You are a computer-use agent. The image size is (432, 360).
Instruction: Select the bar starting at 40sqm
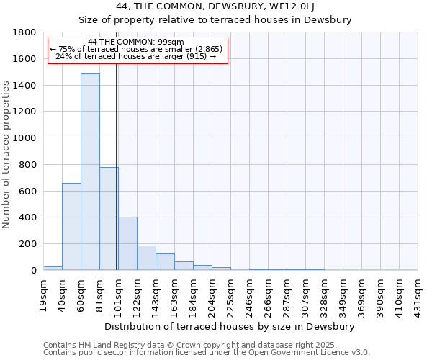(71, 226)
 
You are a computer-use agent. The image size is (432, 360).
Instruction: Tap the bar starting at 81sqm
(109, 218)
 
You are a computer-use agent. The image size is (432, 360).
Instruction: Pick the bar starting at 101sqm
(127, 243)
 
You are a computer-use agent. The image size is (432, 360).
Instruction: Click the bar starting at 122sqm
(146, 258)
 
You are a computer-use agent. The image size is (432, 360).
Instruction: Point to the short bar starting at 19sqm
(53, 268)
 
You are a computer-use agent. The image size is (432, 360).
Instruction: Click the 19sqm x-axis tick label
(43, 293)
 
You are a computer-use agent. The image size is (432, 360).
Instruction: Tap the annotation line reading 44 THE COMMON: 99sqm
(137, 42)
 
